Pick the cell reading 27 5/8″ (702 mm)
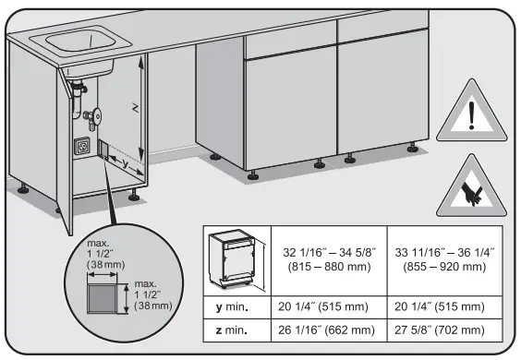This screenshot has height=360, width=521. point(446,328)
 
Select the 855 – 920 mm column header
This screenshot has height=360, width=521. point(446,258)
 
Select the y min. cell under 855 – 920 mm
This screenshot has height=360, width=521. point(446,306)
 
